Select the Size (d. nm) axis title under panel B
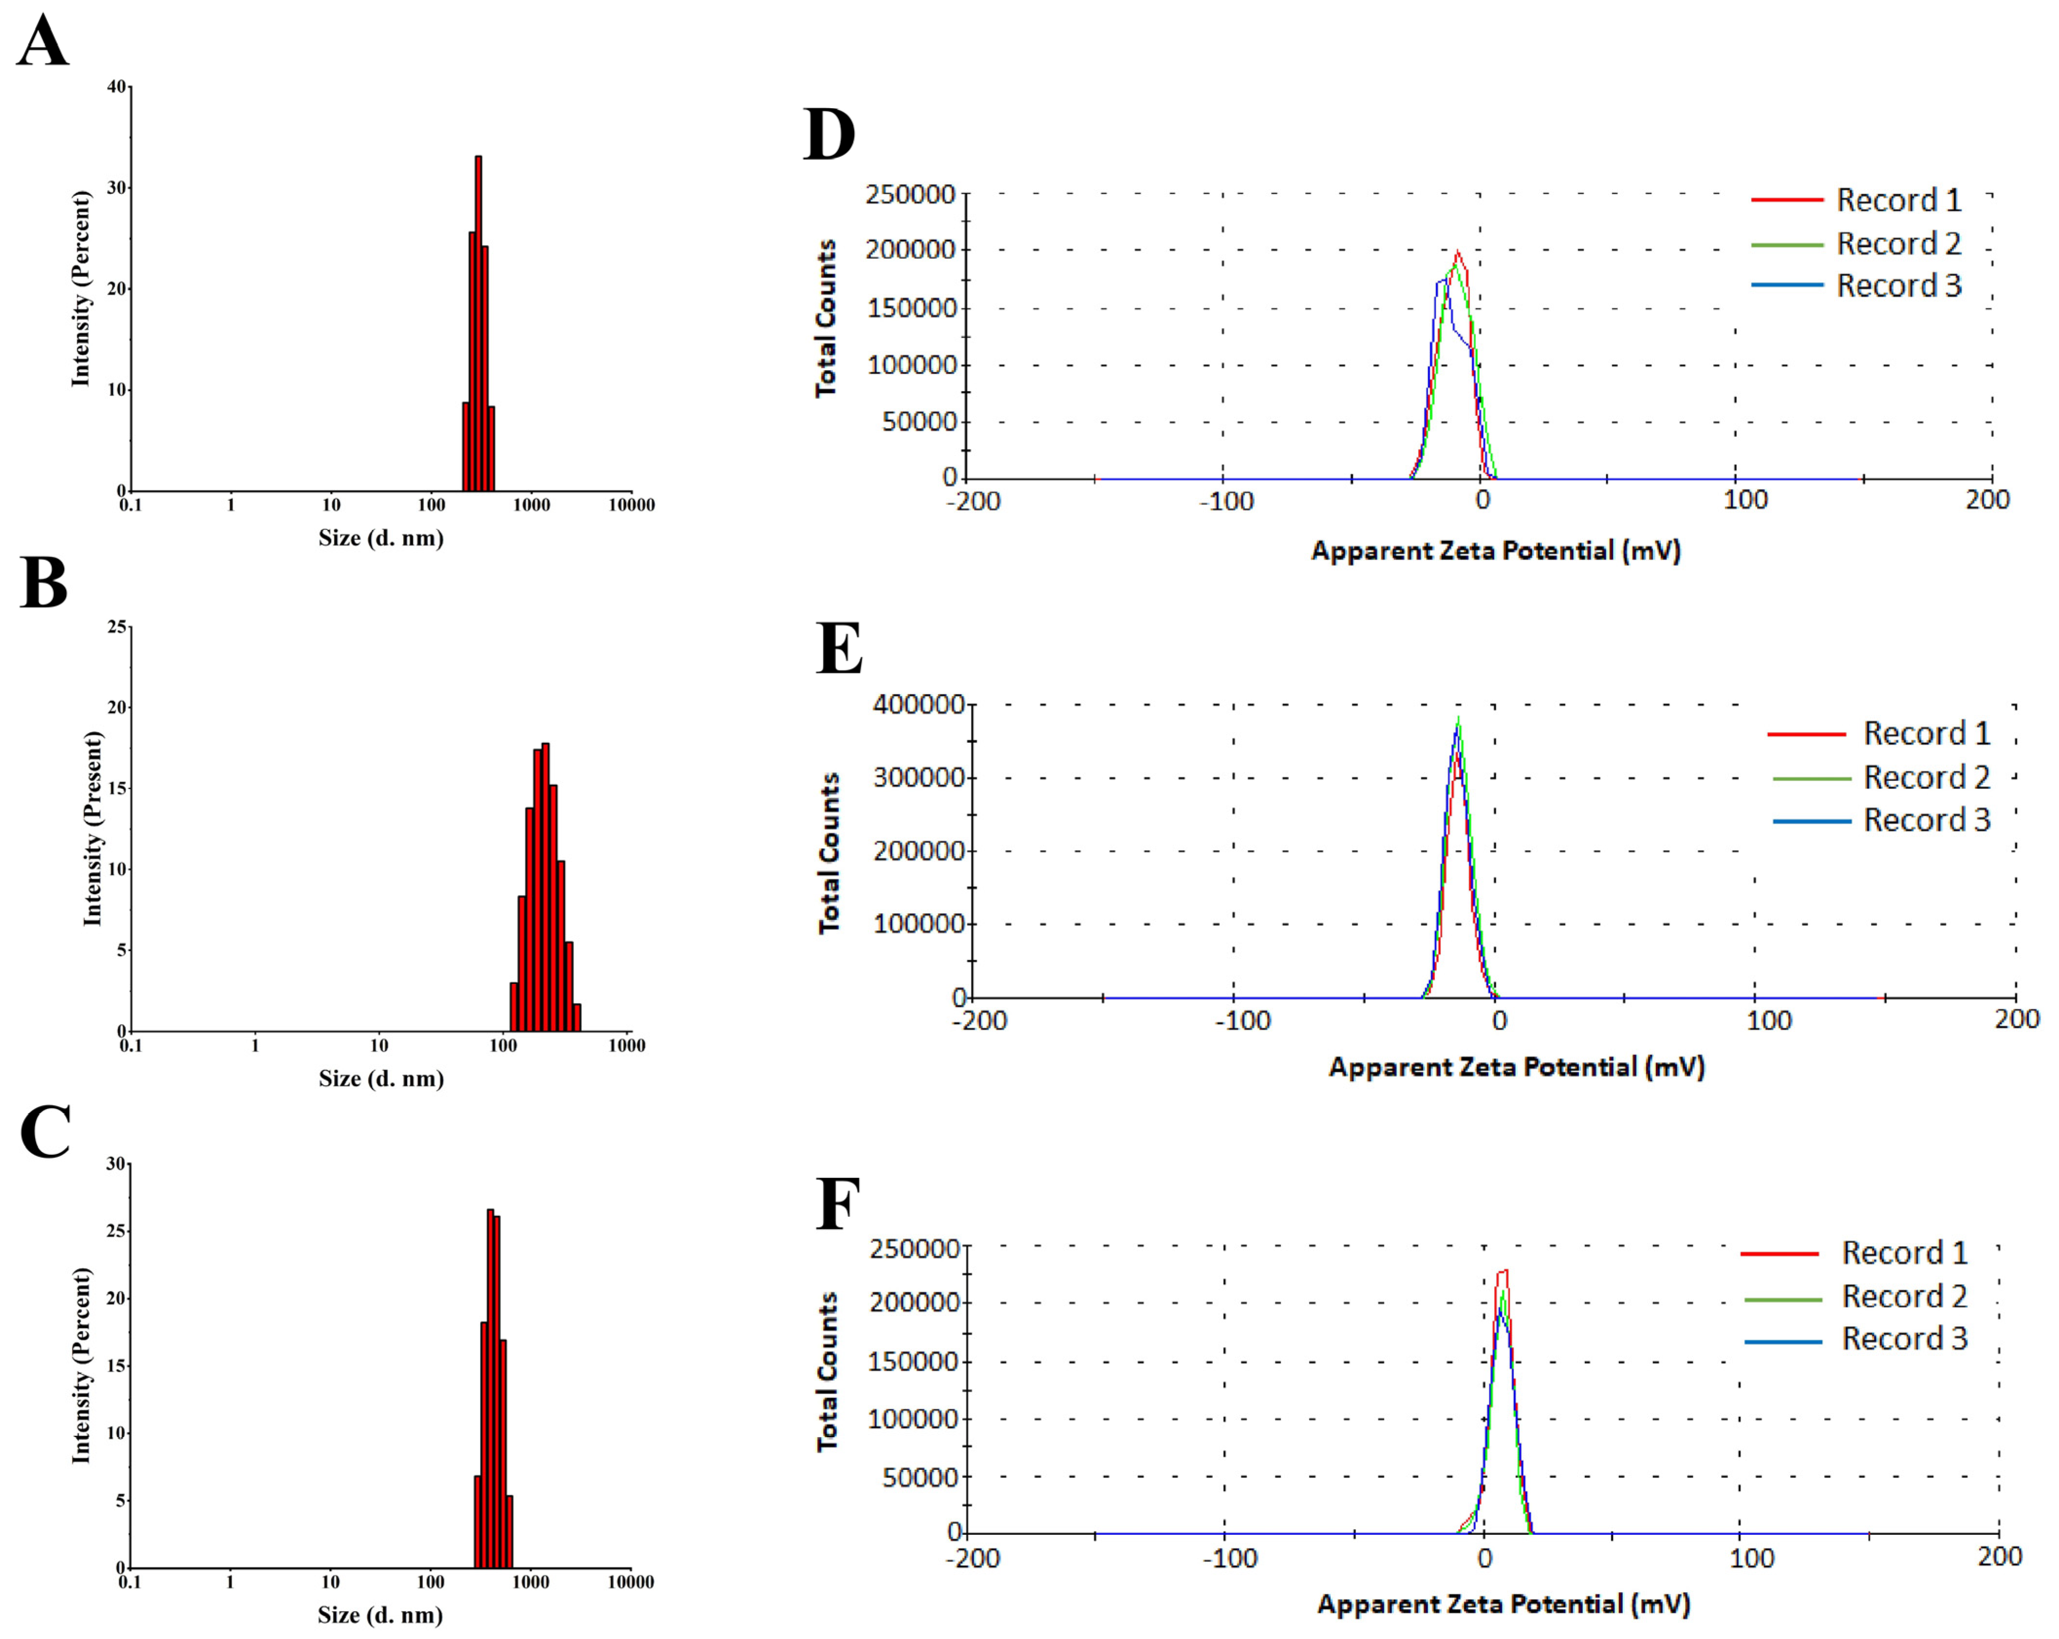381,1078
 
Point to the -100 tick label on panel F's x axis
1229,1559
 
